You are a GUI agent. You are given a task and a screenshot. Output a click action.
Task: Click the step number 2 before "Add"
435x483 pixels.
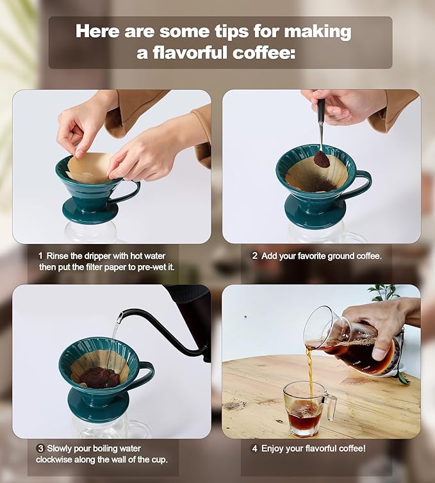(x=254, y=255)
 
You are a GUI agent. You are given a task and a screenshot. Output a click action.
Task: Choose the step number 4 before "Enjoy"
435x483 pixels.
(x=254, y=448)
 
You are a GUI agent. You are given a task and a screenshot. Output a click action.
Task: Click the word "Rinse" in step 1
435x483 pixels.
(x=58, y=255)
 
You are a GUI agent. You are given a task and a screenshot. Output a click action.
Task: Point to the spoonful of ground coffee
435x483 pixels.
(x=321, y=158)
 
